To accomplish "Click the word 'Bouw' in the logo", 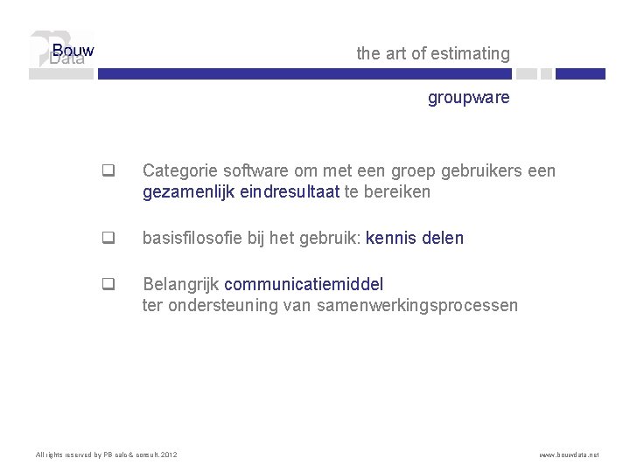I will pyautogui.click(x=73, y=51).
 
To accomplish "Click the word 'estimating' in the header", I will pyautogui.click(x=471, y=54).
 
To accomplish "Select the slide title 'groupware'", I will pyautogui.click(x=468, y=98).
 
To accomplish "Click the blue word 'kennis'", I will pyautogui.click(x=390, y=238).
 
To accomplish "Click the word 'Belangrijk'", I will pyautogui.click(x=181, y=284).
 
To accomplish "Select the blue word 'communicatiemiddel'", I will pyautogui.click(x=304, y=284).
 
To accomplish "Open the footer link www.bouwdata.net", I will pyautogui.click(x=569, y=455).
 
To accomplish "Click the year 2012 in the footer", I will pyautogui.click(x=170, y=455).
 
